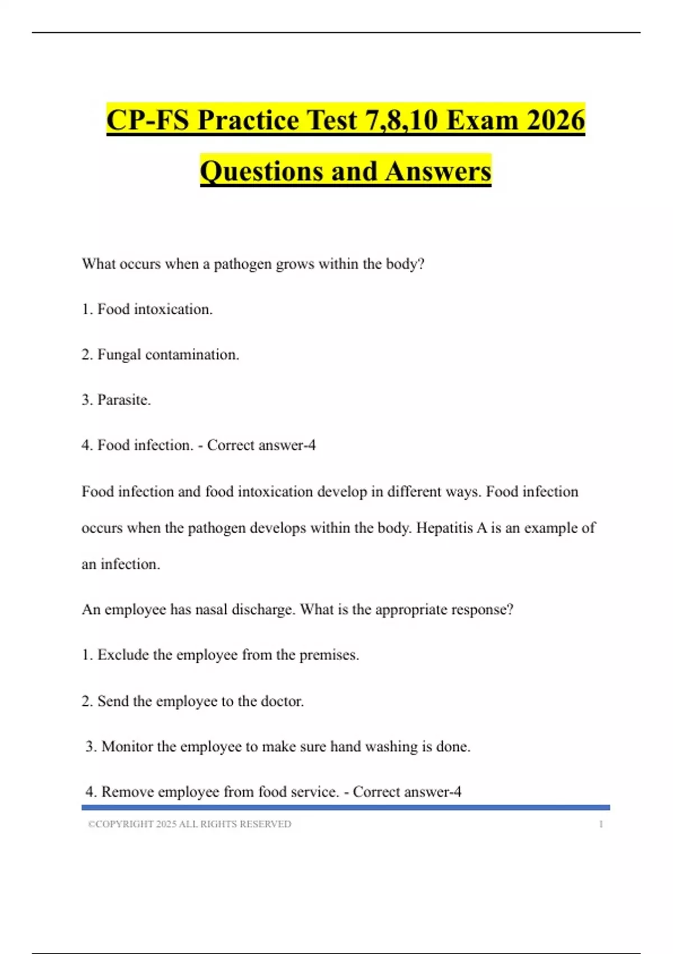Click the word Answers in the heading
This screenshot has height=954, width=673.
pyautogui.click(x=438, y=171)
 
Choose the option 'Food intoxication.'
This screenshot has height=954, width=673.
pyautogui.click(x=155, y=309)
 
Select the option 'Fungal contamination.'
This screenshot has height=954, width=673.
pyautogui.click(x=168, y=355)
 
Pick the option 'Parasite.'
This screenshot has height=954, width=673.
pyautogui.click(x=124, y=400)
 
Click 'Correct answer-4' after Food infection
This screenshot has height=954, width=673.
pyautogui.click(x=261, y=445)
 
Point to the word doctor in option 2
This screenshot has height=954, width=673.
pyautogui.click(x=282, y=701)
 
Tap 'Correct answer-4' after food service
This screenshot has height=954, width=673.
pyautogui.click(x=407, y=792)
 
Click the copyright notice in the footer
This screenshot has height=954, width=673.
pyautogui.click(x=190, y=824)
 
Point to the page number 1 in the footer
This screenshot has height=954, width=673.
pyautogui.click(x=601, y=824)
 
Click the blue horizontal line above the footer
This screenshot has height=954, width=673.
pyautogui.click(x=345, y=808)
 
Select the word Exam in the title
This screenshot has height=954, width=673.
pyautogui.click(x=482, y=120)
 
